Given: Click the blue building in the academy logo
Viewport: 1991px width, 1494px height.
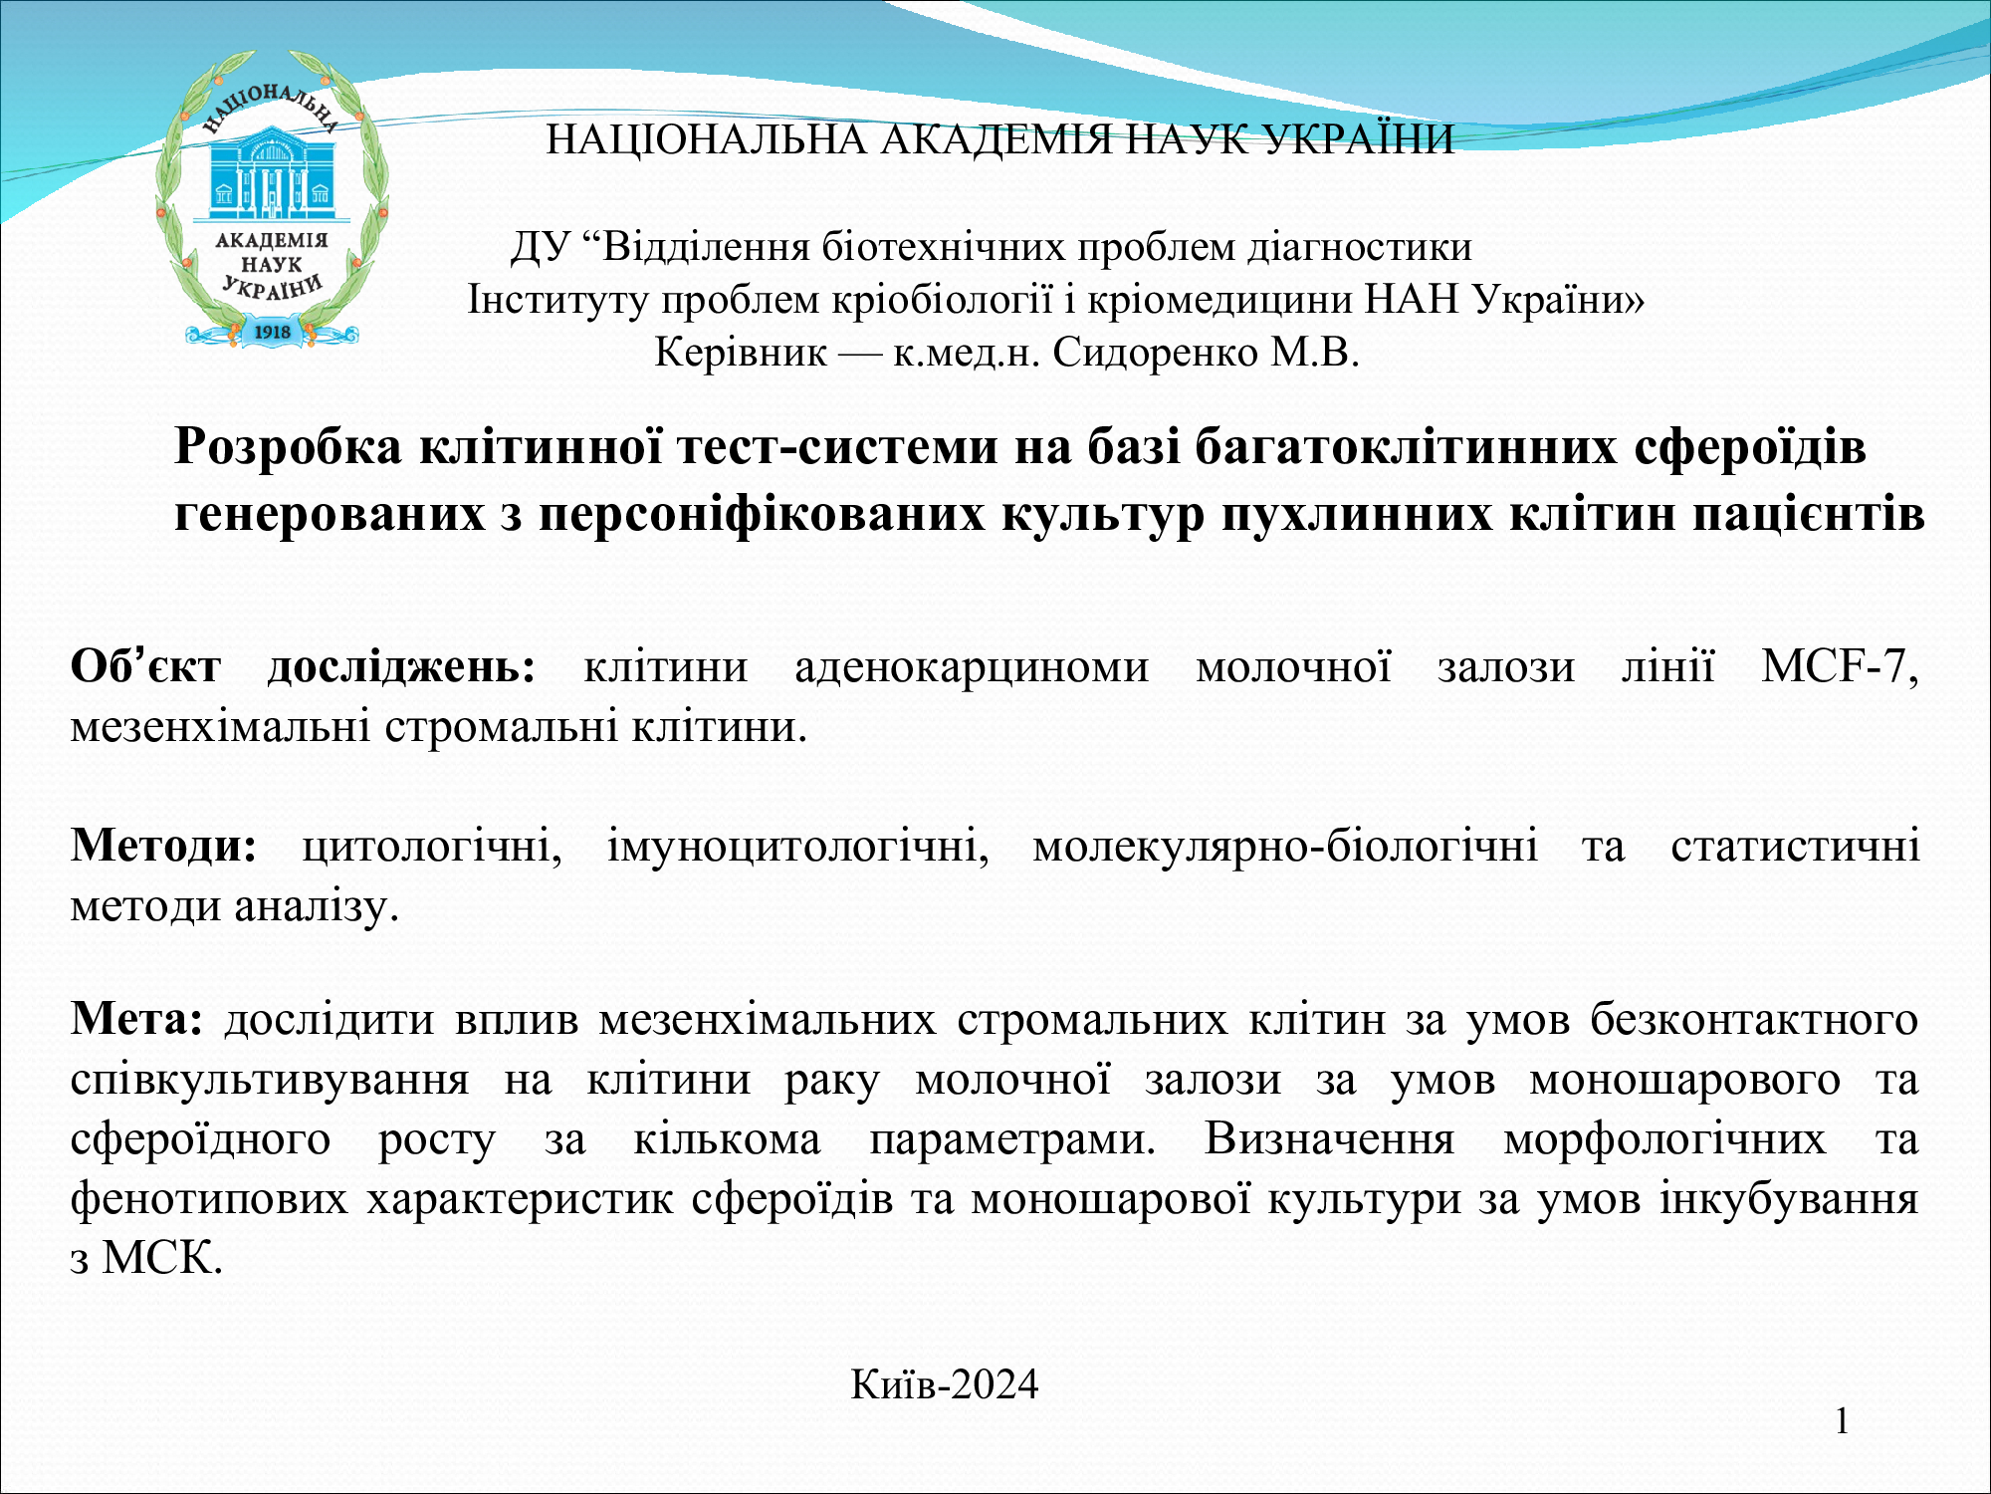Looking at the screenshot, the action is pyautogui.click(x=270, y=173).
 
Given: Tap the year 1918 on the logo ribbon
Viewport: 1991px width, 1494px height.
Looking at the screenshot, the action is pyautogui.click(x=273, y=332).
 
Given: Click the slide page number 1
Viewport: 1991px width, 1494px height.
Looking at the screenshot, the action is pyautogui.click(x=1842, y=1421).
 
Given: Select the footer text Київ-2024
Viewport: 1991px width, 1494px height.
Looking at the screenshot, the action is pyautogui.click(x=944, y=1384).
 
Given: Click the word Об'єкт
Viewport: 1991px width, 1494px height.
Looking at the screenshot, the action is pyautogui.click(x=145, y=666).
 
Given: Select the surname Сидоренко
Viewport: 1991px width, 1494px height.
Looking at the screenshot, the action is pyautogui.click(x=1155, y=353).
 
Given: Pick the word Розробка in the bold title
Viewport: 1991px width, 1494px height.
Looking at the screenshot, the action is pyautogui.click(x=289, y=447).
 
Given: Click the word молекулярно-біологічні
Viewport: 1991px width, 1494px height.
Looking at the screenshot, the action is pyautogui.click(x=1285, y=847).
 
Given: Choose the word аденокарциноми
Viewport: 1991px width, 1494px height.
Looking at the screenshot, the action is pyautogui.click(x=972, y=667).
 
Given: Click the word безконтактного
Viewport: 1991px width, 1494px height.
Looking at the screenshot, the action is pyautogui.click(x=1753, y=1020).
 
